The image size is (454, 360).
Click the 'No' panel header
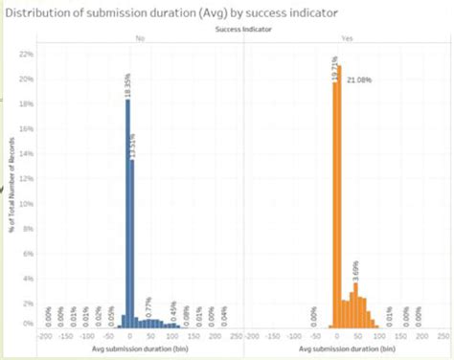140,40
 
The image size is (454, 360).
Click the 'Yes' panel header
346,40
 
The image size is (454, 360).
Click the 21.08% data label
359,79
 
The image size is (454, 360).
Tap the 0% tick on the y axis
28,325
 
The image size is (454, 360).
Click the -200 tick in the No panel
43,337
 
